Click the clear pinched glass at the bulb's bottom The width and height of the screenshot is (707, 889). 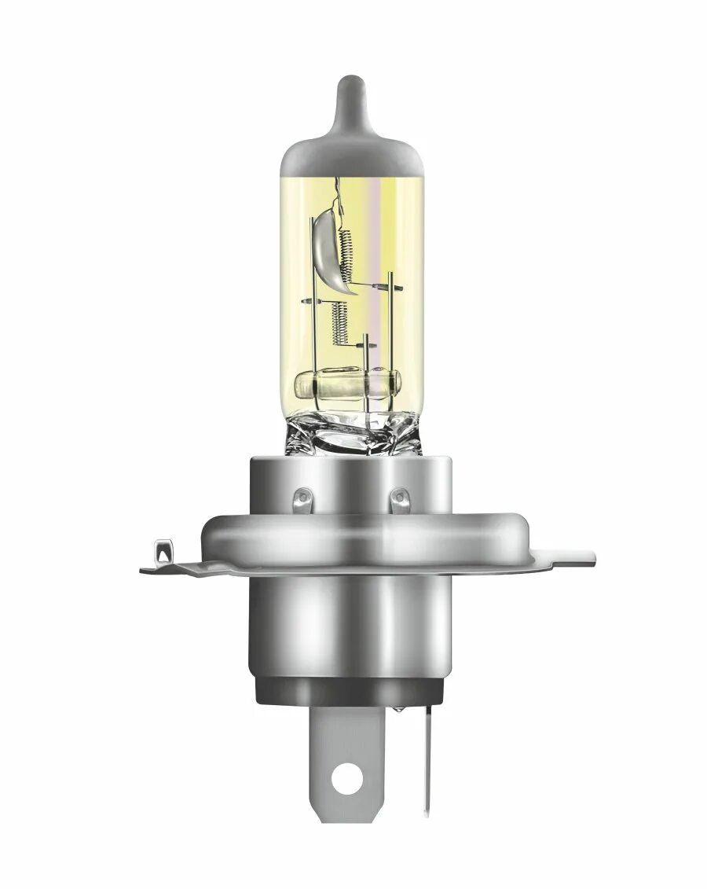click(x=351, y=435)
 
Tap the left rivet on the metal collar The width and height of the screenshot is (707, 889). click(x=302, y=497)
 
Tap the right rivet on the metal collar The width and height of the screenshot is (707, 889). click(x=400, y=497)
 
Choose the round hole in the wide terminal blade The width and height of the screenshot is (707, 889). click(x=343, y=781)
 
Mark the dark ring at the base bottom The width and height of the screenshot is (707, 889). click(x=352, y=692)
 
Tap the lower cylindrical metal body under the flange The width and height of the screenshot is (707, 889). click(x=352, y=621)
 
